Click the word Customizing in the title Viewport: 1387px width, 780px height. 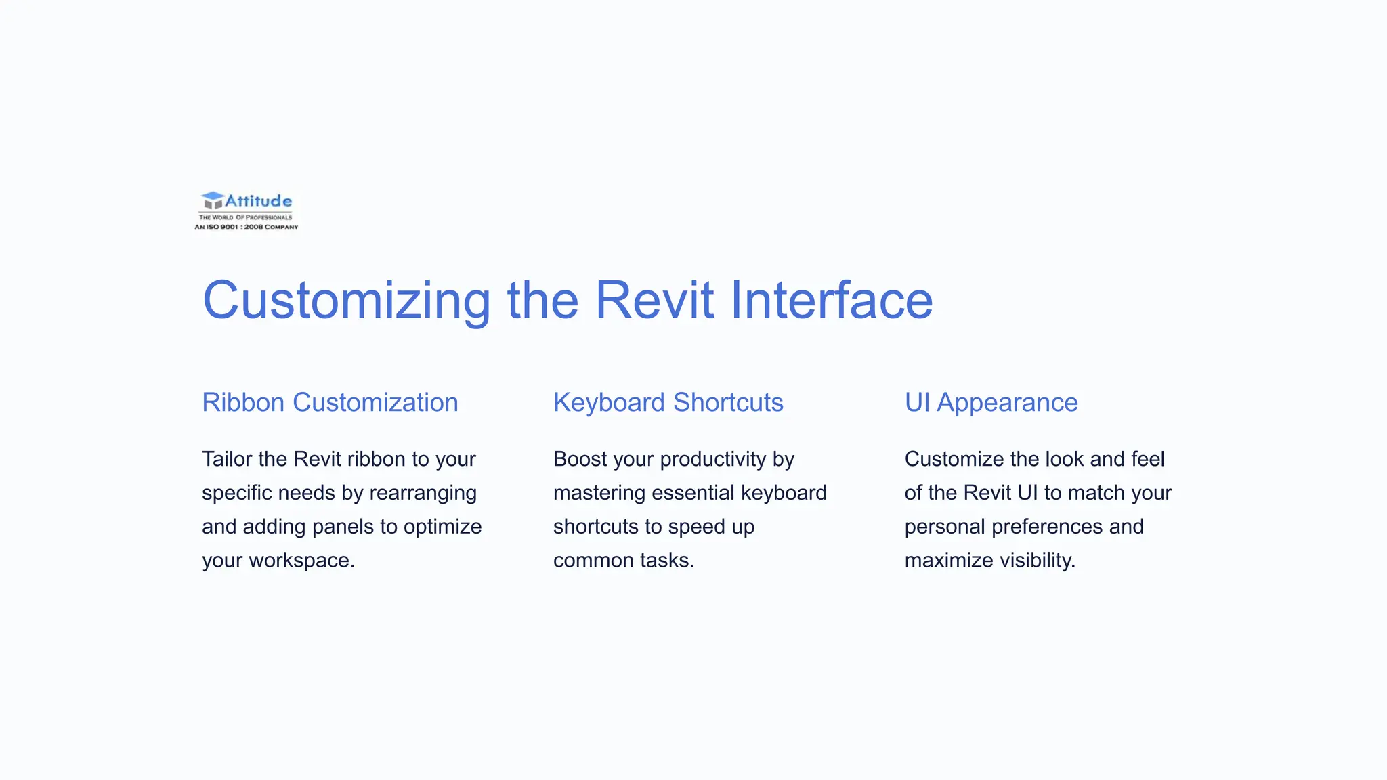pos(346,300)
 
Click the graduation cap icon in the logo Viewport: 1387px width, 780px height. pos(213,200)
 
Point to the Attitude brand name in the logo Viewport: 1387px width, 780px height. pos(258,201)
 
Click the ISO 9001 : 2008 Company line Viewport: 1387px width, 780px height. pos(247,227)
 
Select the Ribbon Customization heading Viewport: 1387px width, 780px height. pos(330,402)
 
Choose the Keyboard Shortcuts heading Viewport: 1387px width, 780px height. pos(668,402)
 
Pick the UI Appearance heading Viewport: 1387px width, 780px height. pos(991,402)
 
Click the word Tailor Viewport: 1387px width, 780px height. pos(227,459)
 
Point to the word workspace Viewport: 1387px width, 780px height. pos(301,561)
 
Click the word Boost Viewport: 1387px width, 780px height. pos(580,459)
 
